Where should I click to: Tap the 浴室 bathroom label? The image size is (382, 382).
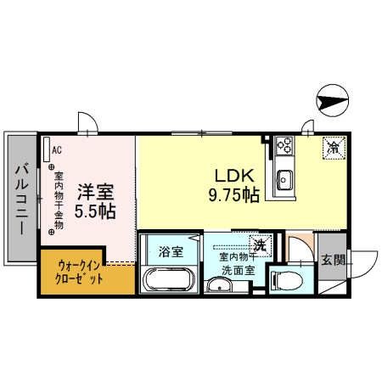(x=171, y=251)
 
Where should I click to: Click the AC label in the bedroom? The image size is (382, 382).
(x=56, y=149)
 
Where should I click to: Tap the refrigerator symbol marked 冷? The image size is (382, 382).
(x=333, y=147)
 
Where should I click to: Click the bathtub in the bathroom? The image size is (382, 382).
(x=170, y=278)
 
